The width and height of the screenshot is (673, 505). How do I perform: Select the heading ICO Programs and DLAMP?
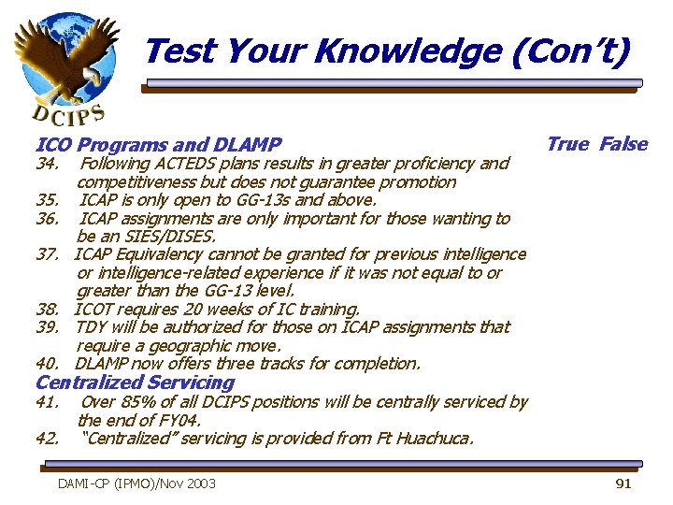point(158,145)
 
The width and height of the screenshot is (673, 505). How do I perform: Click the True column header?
point(567,144)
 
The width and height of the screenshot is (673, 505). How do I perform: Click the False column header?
point(623,144)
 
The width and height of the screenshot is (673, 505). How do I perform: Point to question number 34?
point(48,164)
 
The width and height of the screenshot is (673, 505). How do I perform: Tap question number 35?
point(48,200)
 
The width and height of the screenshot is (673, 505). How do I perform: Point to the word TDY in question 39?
point(91,327)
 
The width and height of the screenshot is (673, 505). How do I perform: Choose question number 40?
point(48,364)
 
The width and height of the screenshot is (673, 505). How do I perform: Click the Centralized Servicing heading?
point(135,382)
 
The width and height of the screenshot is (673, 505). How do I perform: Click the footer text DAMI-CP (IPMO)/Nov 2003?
point(136,483)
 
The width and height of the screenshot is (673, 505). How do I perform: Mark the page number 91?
point(623,483)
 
